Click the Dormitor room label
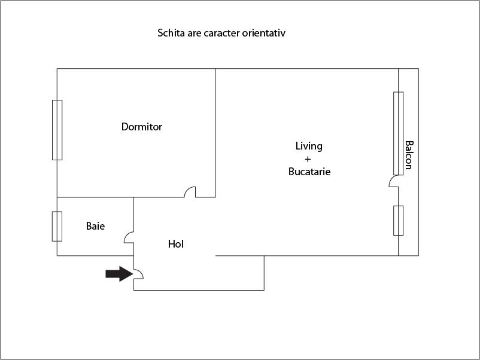[x=142, y=127]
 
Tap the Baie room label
[x=95, y=226]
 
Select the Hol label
[x=176, y=244]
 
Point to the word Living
[x=309, y=146]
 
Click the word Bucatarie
[x=309, y=172]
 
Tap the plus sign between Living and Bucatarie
[x=308, y=159]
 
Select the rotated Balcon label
[x=409, y=155]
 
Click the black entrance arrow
[x=118, y=274]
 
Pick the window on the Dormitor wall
[x=57, y=130]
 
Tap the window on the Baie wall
[x=57, y=226]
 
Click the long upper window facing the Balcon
[x=398, y=133]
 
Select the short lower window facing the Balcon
[x=398, y=221]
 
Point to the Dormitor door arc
[x=190, y=192]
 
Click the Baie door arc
[x=129, y=238]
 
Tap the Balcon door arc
[x=394, y=181]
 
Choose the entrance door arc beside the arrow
[x=138, y=274]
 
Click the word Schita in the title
[x=170, y=33]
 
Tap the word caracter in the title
[x=223, y=33]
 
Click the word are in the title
[x=194, y=33]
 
